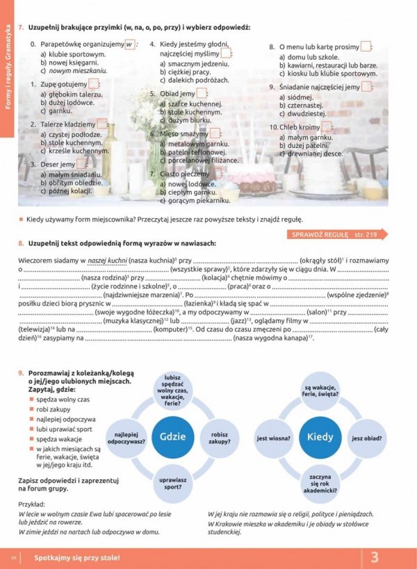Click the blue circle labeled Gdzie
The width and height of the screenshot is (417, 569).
(172, 438)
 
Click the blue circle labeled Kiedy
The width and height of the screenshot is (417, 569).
(320, 438)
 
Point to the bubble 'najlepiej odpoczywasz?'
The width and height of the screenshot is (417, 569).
(126, 438)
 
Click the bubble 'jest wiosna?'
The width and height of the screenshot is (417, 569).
(273, 438)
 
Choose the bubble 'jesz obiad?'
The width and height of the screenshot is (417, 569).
(366, 438)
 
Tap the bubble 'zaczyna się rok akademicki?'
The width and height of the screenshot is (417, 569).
(320, 483)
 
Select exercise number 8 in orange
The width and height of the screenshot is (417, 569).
(22, 243)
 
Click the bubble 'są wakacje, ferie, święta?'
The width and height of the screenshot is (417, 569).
(320, 393)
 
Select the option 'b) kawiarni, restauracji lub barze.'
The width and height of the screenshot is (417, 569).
(328, 65)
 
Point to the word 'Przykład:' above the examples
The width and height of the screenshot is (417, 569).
(32, 505)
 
